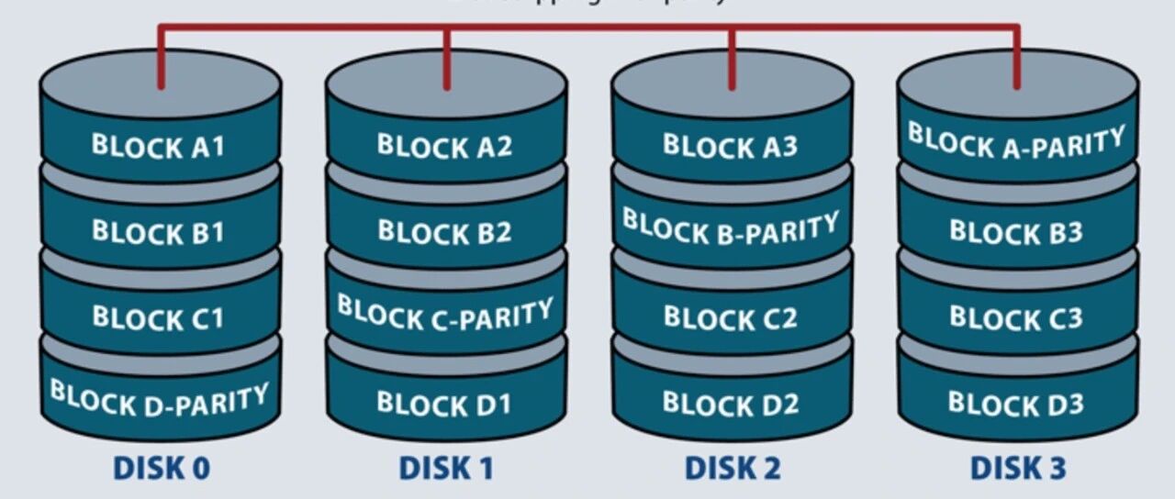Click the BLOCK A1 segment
click(x=159, y=146)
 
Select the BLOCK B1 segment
click(x=159, y=231)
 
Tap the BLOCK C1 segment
click(x=159, y=317)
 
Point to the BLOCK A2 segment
click(x=445, y=146)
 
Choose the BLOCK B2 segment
click(x=445, y=231)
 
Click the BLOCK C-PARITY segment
click(x=445, y=315)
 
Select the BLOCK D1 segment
click(x=445, y=403)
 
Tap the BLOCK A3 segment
click(x=731, y=146)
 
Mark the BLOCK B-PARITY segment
click(x=731, y=228)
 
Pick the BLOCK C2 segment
click(x=731, y=317)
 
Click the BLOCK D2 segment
click(x=731, y=403)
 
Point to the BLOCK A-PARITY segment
click(x=1016, y=143)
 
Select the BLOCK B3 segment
click(x=1016, y=231)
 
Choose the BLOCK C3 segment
click(x=1016, y=317)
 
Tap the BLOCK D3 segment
click(x=1016, y=403)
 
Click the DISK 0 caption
click(x=162, y=469)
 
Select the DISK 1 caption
click(x=447, y=469)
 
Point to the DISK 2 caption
click(x=733, y=469)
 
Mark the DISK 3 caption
click(x=1018, y=469)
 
